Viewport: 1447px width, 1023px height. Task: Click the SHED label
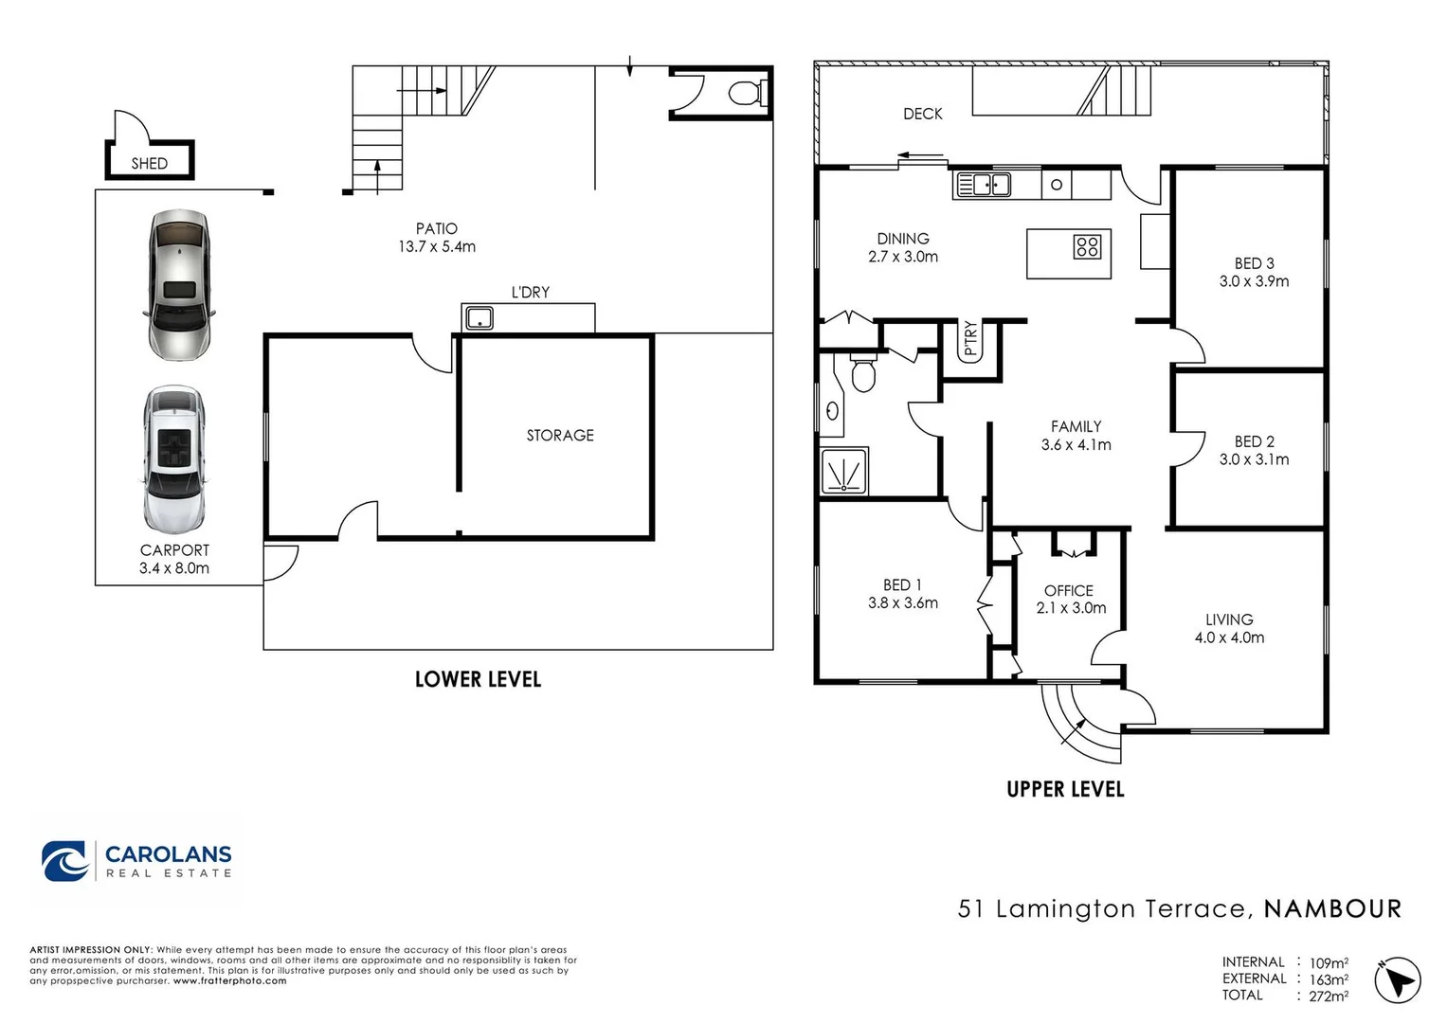click(149, 163)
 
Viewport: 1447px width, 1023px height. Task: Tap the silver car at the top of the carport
click(179, 284)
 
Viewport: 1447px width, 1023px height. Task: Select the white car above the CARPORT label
click(173, 459)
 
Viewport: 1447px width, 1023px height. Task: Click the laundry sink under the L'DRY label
click(479, 318)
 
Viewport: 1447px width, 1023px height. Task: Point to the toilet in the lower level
click(748, 93)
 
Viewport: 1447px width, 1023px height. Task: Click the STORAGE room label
click(560, 436)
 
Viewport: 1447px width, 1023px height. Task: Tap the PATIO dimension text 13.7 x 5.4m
click(437, 246)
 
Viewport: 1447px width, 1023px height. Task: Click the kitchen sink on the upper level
click(983, 185)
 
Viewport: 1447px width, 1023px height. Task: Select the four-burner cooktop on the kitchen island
click(1087, 246)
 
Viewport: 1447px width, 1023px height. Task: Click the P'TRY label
click(969, 338)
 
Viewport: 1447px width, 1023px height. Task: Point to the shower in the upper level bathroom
click(843, 471)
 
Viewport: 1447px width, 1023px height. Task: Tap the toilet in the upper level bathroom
click(863, 373)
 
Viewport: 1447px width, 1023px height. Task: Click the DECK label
click(922, 115)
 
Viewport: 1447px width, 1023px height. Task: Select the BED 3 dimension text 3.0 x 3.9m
click(1254, 281)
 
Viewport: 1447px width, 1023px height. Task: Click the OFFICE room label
click(1069, 591)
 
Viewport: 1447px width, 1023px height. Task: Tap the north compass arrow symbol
click(1398, 979)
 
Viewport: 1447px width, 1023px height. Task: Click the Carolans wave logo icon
click(64, 861)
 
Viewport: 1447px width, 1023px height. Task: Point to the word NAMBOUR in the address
click(1332, 908)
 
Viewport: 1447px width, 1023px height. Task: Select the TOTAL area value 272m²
click(1329, 996)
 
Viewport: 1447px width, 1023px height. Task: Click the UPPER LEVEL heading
click(1065, 789)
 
